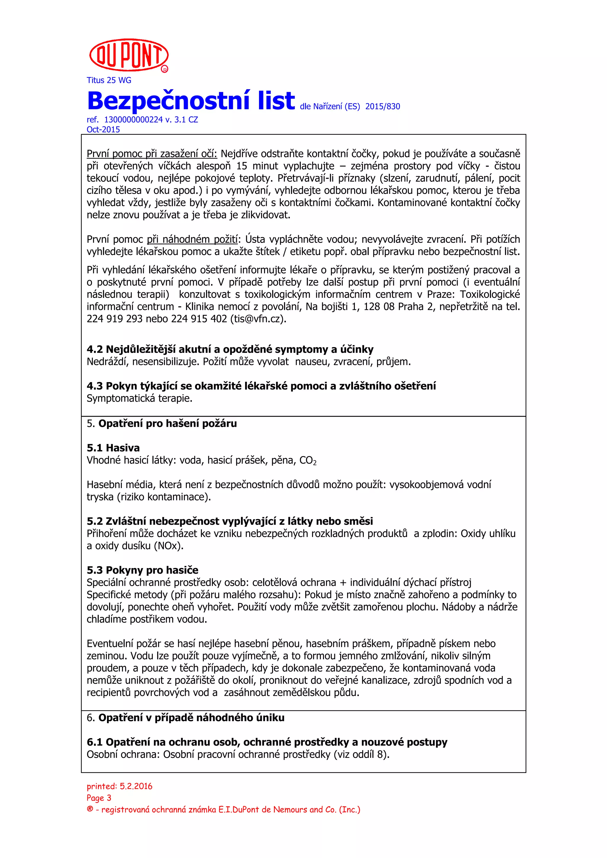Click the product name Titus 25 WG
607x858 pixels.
click(109, 80)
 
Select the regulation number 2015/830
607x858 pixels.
click(382, 107)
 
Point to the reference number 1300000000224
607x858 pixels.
click(133, 120)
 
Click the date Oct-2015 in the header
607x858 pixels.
click(103, 130)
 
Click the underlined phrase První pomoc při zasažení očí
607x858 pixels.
click(151, 154)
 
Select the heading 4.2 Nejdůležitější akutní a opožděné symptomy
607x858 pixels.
click(230, 349)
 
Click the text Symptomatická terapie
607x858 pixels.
click(139, 398)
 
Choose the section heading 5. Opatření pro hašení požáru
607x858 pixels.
click(162, 424)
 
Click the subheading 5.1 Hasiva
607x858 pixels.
click(113, 448)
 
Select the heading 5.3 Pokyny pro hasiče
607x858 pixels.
click(143, 570)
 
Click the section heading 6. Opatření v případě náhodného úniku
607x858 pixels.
click(186, 718)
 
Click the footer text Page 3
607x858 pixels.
click(99, 798)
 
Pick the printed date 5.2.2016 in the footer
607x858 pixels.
click(136, 786)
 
